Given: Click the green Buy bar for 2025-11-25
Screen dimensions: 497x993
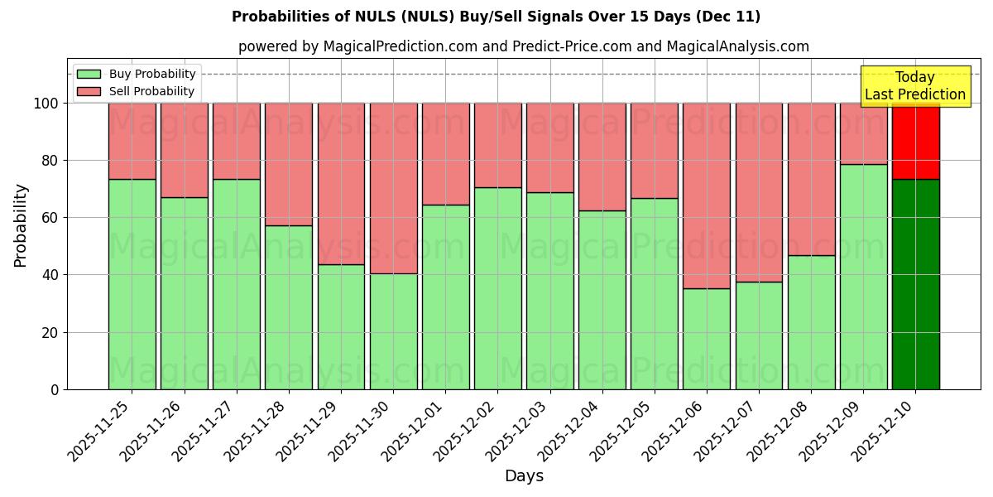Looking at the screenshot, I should click(132, 284).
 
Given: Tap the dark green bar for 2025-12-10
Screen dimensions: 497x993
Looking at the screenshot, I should click(915, 284).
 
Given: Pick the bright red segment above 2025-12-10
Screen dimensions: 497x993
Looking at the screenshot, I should click(915, 141).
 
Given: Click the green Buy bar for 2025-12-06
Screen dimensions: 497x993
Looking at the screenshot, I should click(707, 339).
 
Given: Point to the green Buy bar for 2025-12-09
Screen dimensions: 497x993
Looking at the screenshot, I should click(863, 277).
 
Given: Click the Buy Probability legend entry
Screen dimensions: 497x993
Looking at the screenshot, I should click(136, 74).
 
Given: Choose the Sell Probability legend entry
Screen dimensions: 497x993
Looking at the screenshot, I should click(136, 91).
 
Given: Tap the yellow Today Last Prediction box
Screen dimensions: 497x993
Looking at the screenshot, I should click(914, 86).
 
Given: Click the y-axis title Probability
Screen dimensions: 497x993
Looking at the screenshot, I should click(21, 224).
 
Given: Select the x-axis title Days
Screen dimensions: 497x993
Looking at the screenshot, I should click(524, 476).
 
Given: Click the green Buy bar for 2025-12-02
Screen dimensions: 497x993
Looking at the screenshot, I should click(497, 288).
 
